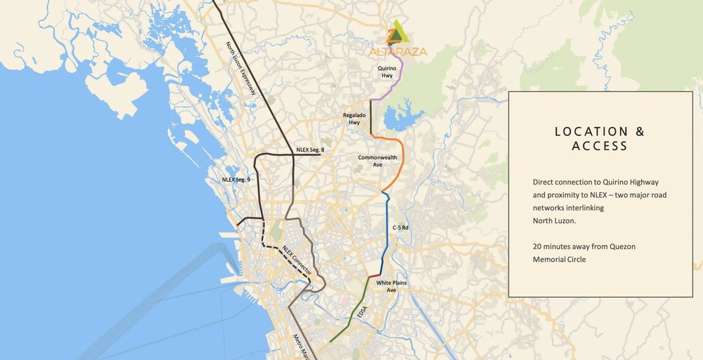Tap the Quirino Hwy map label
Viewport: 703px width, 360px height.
click(387, 72)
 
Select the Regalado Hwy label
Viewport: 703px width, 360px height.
click(354, 118)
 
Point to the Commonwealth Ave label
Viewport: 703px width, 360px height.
click(378, 161)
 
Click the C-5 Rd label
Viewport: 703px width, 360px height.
click(400, 227)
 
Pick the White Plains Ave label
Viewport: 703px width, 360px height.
click(391, 286)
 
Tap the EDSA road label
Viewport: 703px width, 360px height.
click(362, 312)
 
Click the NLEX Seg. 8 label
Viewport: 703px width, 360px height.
click(310, 150)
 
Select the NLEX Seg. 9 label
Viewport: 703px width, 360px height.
click(236, 180)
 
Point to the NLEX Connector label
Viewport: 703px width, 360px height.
click(297, 260)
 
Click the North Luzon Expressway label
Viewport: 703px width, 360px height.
click(240, 68)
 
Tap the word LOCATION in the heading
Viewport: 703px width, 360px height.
click(591, 132)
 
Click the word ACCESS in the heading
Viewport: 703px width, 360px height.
click(600, 146)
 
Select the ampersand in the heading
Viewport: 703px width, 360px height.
click(640, 132)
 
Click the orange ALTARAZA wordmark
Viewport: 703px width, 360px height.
click(398, 52)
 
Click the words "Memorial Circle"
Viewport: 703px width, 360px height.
click(559, 260)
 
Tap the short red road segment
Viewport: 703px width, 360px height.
click(375, 275)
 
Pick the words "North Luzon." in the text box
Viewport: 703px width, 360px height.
click(554, 221)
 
